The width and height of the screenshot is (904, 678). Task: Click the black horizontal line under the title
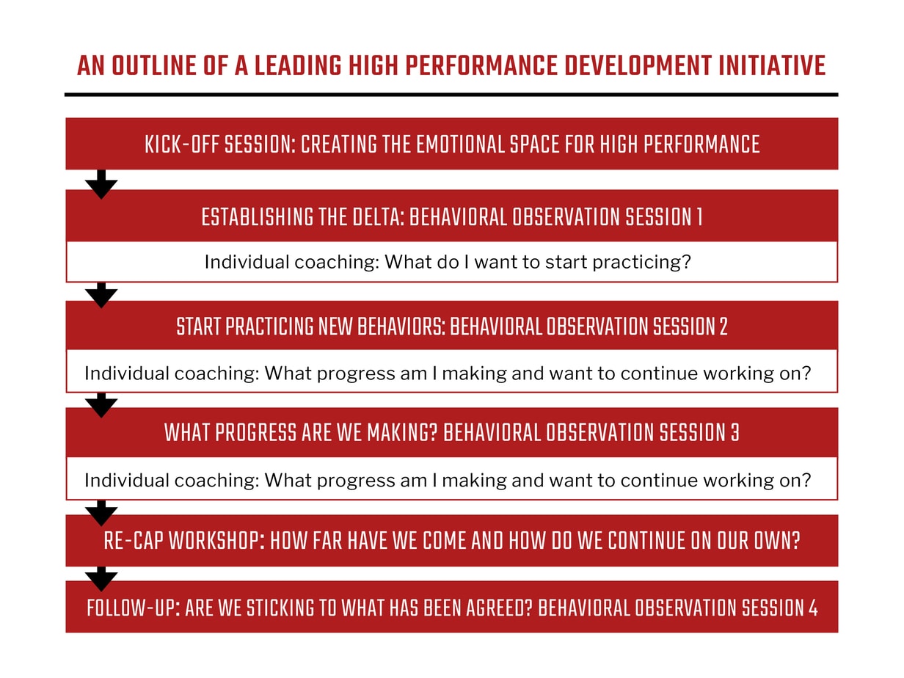tap(451, 95)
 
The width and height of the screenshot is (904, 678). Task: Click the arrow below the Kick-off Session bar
tap(101, 184)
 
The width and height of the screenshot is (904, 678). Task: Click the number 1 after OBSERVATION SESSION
tap(698, 217)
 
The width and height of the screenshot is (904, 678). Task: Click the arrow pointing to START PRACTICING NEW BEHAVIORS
tap(101, 295)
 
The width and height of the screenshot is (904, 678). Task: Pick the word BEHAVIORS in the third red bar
tap(401, 326)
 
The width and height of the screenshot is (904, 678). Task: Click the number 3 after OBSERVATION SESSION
tap(734, 433)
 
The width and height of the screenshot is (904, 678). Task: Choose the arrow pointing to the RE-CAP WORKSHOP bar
tap(101, 512)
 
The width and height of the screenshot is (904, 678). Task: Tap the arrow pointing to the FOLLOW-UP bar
tap(101, 578)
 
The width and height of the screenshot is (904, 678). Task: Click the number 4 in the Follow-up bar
tap(812, 608)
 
